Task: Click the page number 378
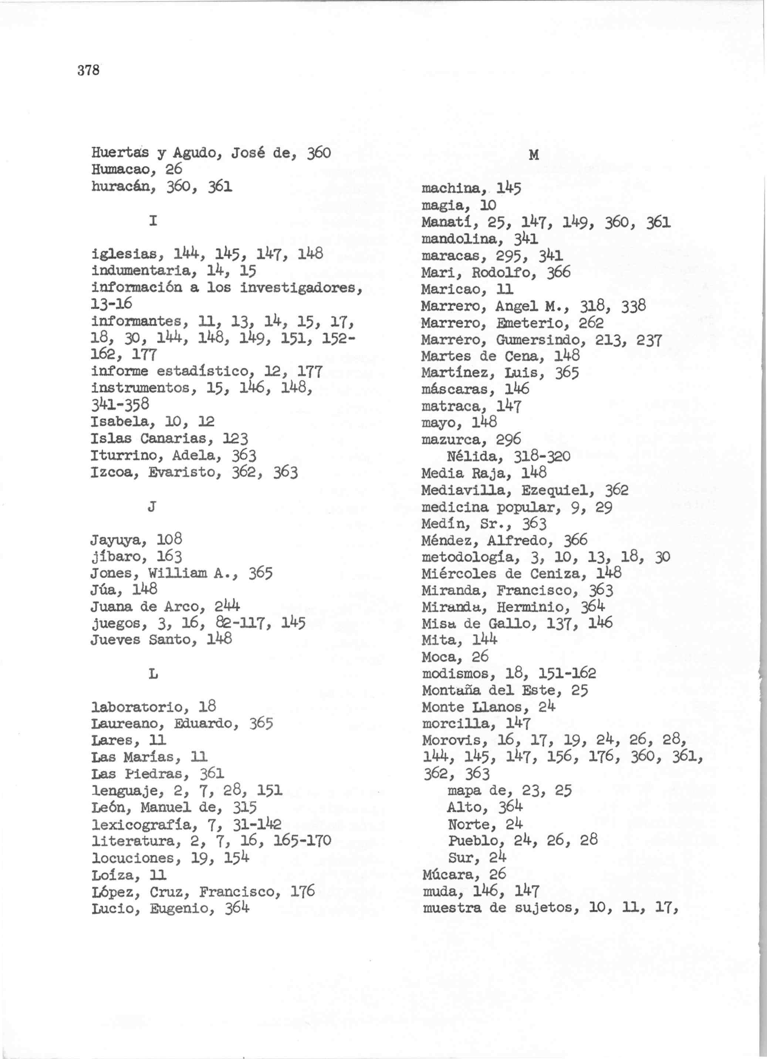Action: pyautogui.click(x=88, y=71)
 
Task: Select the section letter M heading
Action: pyautogui.click(x=534, y=155)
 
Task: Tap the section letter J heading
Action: pyautogui.click(x=151, y=506)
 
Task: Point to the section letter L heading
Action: pyautogui.click(x=152, y=674)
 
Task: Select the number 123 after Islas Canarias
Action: pyautogui.click(x=234, y=439)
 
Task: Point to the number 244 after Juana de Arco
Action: pyautogui.click(x=227, y=606)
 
